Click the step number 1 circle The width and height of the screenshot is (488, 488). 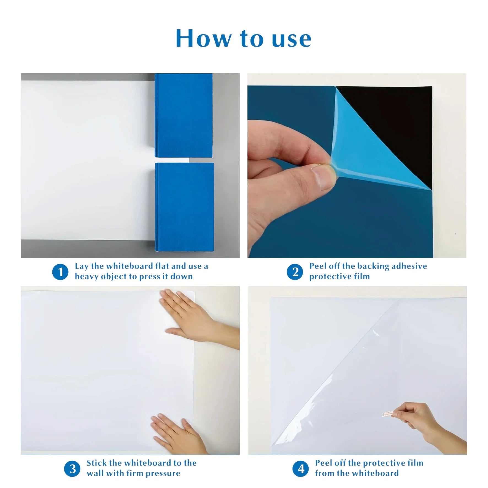point(60,272)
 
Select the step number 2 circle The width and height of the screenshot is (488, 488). point(295,272)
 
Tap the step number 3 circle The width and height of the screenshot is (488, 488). point(72,469)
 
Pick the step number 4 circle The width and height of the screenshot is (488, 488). point(301,469)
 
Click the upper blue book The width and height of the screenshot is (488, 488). point(184,115)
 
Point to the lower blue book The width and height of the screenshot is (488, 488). point(184,207)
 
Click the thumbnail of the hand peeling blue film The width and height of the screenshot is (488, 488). point(357,165)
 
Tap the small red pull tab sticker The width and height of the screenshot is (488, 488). point(387,414)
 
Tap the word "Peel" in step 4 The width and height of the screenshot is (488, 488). point(324,463)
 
